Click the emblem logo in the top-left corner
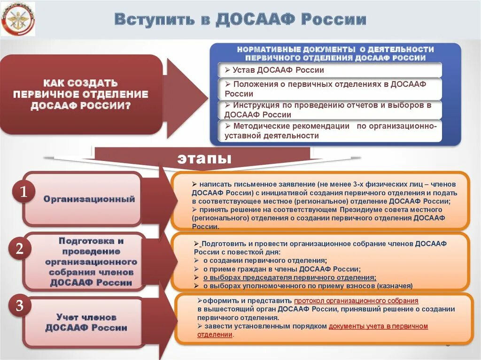(18, 19)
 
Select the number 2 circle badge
(20, 249)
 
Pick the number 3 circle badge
(19, 306)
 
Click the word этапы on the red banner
(204, 158)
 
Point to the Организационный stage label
(89, 199)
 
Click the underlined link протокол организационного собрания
(356, 300)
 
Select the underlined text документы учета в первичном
(378, 326)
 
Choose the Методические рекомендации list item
(330, 131)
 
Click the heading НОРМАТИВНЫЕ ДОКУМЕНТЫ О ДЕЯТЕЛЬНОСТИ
(335, 49)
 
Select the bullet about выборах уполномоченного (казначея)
(308, 285)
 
